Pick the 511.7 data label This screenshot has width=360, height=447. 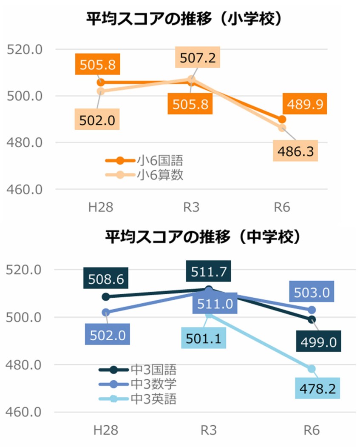(x=209, y=271)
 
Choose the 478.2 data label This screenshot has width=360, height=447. (x=318, y=388)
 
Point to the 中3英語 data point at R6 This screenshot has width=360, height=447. (x=312, y=368)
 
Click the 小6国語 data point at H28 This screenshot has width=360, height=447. (x=101, y=82)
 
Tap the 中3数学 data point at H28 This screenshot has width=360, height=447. (x=106, y=313)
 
